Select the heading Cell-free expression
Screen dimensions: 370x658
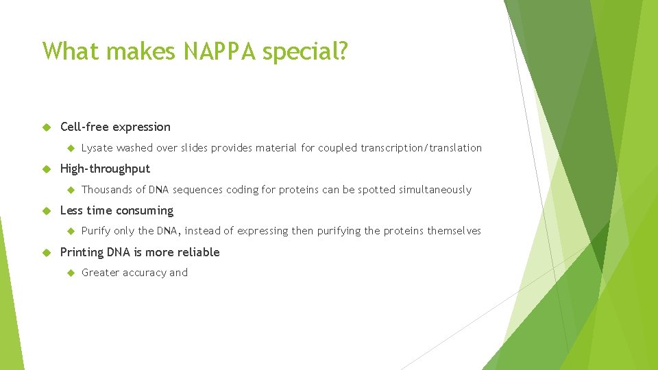115,127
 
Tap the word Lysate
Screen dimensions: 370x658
97,148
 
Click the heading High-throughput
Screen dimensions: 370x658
105,169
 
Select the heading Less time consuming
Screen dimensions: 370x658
117,210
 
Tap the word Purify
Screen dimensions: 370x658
96,231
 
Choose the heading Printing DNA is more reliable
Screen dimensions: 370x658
140,252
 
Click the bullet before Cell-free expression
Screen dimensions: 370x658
47,127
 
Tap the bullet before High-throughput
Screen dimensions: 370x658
47,169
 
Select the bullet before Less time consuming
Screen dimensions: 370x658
47,210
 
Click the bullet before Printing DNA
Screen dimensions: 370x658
47,252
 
